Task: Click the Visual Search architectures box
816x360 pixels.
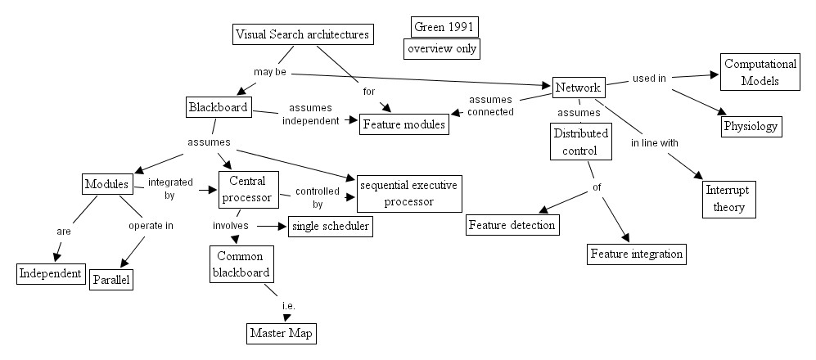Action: (x=303, y=34)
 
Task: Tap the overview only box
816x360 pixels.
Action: (x=441, y=49)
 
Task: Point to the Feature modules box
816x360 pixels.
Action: (x=406, y=124)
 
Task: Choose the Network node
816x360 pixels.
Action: (x=578, y=87)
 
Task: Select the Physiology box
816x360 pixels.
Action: (x=751, y=127)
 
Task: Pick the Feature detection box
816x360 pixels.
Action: (x=512, y=225)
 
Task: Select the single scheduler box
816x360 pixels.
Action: (x=330, y=226)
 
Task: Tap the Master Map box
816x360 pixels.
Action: (x=281, y=334)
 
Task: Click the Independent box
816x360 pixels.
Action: (x=51, y=273)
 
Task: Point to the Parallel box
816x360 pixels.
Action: (x=111, y=279)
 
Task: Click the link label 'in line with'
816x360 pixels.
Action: (x=654, y=143)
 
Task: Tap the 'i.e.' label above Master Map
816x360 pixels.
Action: (x=287, y=306)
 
